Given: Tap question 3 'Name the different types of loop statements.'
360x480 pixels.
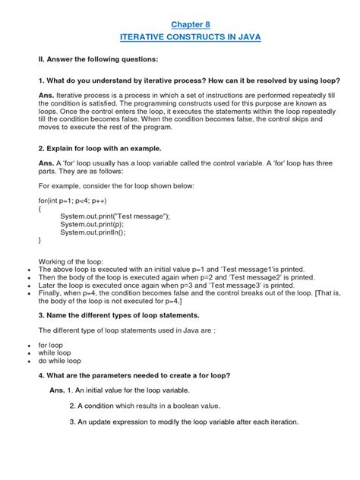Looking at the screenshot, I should coord(115,313).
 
